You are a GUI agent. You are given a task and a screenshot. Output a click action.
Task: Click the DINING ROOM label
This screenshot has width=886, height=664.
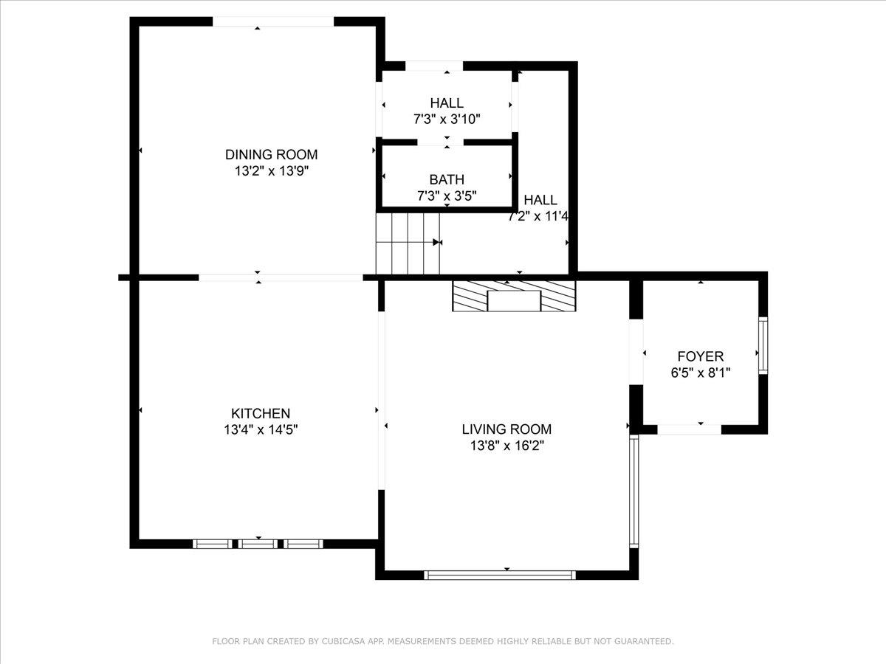[x=271, y=154]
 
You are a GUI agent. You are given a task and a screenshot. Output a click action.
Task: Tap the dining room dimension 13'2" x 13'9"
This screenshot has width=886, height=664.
[x=271, y=170]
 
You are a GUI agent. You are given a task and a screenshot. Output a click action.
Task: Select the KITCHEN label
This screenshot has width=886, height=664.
[x=261, y=414]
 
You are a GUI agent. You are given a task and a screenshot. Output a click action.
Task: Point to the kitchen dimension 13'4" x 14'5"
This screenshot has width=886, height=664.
[x=261, y=429]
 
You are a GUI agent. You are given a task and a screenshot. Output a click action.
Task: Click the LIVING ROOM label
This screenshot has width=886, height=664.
[x=506, y=429]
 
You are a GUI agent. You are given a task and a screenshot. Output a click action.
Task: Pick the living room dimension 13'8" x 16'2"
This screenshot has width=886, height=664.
[x=506, y=446]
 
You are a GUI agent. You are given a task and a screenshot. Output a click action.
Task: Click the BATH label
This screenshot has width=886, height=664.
[x=447, y=179]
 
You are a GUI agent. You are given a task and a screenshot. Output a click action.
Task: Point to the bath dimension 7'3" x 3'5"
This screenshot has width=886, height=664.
[x=447, y=196]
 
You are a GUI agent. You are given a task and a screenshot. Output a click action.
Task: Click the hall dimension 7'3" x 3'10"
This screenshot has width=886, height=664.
[x=447, y=119]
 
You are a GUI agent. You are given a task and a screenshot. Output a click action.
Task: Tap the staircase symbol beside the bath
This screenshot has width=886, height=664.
[x=407, y=243]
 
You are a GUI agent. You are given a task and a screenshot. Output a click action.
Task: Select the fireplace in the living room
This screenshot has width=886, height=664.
[x=513, y=296]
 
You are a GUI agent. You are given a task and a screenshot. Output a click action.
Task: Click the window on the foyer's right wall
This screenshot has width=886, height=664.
[x=763, y=345]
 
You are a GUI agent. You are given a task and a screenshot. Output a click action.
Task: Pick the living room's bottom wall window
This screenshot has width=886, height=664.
[x=501, y=575]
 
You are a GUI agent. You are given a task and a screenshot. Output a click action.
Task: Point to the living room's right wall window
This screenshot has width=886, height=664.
[x=633, y=491]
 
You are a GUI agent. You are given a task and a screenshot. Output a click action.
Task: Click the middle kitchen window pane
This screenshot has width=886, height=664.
[x=258, y=544]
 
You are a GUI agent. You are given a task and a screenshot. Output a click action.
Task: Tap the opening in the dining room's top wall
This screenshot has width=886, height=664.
[x=273, y=21]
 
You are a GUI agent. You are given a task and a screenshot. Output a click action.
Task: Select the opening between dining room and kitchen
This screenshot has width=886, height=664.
[x=281, y=277]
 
